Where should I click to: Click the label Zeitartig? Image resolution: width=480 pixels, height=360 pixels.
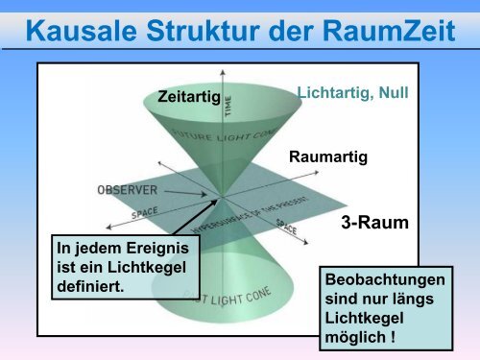[188, 96]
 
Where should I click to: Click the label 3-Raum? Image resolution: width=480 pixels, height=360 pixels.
[374, 223]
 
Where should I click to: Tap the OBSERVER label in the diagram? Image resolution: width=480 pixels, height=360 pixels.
[128, 190]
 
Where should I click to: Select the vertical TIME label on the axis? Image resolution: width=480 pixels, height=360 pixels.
[228, 104]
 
